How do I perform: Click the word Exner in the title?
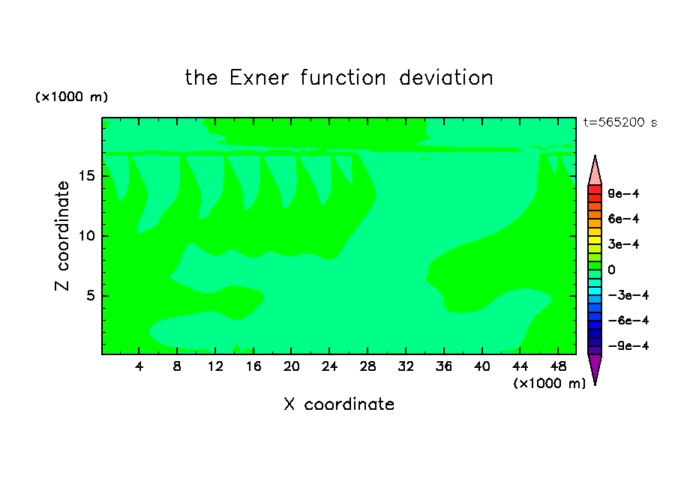click(x=259, y=78)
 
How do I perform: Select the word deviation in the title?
click(x=445, y=78)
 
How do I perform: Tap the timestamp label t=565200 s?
click(x=620, y=122)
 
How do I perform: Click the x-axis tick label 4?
click(x=139, y=366)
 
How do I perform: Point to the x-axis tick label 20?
click(x=292, y=366)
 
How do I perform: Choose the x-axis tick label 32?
click(x=406, y=366)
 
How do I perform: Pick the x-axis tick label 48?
click(x=558, y=366)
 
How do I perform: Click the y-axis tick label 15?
click(x=87, y=176)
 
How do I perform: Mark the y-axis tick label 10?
click(x=87, y=236)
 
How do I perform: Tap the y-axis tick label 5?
click(x=91, y=295)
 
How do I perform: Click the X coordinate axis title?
click(x=339, y=404)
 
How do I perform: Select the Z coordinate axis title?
click(x=61, y=236)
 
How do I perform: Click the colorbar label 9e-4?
click(x=623, y=193)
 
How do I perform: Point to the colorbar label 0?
click(x=611, y=270)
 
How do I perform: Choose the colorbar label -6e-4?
click(x=628, y=321)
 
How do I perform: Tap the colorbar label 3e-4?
click(x=623, y=244)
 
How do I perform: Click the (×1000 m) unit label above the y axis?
click(x=71, y=97)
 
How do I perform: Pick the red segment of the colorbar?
click(x=595, y=190)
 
